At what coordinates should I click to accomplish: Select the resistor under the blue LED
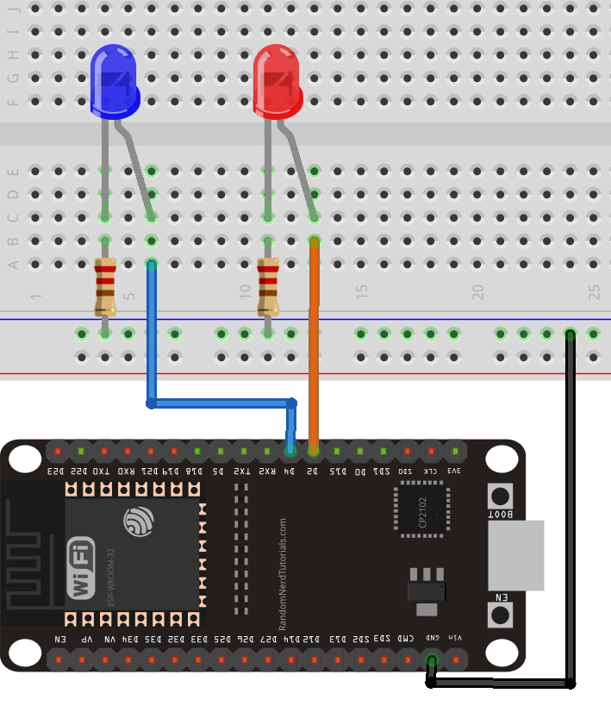coord(105,287)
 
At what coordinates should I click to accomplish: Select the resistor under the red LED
coord(268,287)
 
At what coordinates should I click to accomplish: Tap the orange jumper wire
coord(314,345)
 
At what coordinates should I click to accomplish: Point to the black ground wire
coord(570,517)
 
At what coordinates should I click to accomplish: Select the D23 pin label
coord(56,472)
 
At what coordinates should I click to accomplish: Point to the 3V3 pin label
coord(454,472)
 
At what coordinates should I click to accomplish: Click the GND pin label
coord(432,639)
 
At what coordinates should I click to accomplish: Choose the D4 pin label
coord(290,472)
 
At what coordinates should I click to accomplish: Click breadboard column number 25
coord(594,292)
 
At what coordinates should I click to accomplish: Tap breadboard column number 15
coord(362,292)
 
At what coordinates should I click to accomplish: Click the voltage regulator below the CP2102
coord(427,590)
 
